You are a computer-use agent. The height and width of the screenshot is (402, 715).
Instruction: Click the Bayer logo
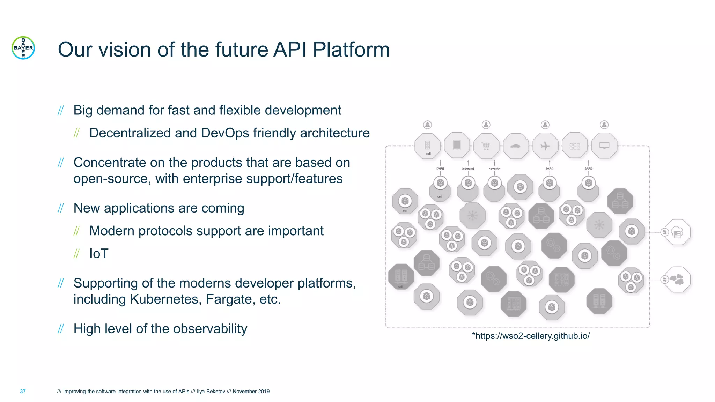tap(23, 48)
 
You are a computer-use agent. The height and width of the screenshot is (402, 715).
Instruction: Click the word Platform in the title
tap(351, 50)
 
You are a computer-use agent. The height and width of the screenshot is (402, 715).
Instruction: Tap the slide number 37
tap(23, 392)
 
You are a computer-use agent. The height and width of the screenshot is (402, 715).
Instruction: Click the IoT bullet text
tap(99, 254)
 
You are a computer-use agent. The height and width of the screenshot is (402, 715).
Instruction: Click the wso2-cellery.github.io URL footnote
tap(531, 336)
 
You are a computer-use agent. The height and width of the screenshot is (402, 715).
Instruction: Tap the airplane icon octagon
tap(545, 146)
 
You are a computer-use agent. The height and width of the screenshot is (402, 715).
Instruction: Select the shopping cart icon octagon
tap(486, 146)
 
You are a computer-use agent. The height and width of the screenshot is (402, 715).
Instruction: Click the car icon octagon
tap(516, 146)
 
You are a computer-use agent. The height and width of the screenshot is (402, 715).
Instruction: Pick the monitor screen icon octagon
tap(604, 146)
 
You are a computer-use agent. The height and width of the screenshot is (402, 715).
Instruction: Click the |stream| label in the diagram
tap(468, 169)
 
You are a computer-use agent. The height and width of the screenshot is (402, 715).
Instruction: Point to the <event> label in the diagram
tap(494, 169)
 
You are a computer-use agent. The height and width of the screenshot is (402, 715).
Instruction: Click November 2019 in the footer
tap(251, 392)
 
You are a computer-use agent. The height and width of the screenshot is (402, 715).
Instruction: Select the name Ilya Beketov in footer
tap(211, 392)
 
